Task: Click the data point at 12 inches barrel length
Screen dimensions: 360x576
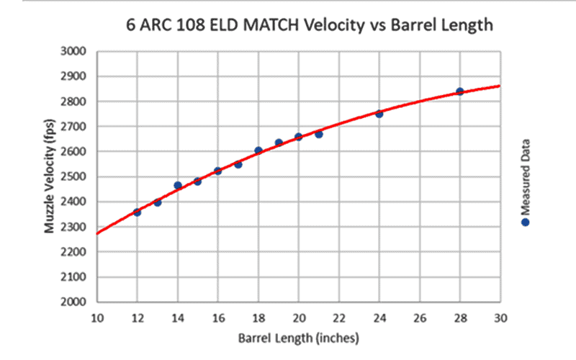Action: (137, 212)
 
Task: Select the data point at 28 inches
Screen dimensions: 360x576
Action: (459, 91)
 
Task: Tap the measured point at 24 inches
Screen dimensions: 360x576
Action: (379, 114)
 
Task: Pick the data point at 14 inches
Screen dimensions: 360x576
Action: (178, 185)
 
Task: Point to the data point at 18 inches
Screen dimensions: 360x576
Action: (258, 150)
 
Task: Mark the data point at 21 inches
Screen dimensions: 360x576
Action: (318, 134)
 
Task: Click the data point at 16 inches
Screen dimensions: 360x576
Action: (217, 171)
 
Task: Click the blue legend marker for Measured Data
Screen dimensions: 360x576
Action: (526, 222)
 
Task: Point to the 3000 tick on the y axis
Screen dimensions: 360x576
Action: (74, 52)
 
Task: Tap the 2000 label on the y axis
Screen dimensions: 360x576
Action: (74, 302)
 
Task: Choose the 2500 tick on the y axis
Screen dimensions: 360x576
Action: (74, 177)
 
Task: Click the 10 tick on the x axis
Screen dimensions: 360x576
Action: (96, 318)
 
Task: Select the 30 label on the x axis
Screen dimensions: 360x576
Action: (500, 318)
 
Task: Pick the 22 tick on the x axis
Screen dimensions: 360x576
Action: (338, 318)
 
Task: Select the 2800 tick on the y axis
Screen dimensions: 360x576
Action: (74, 102)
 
